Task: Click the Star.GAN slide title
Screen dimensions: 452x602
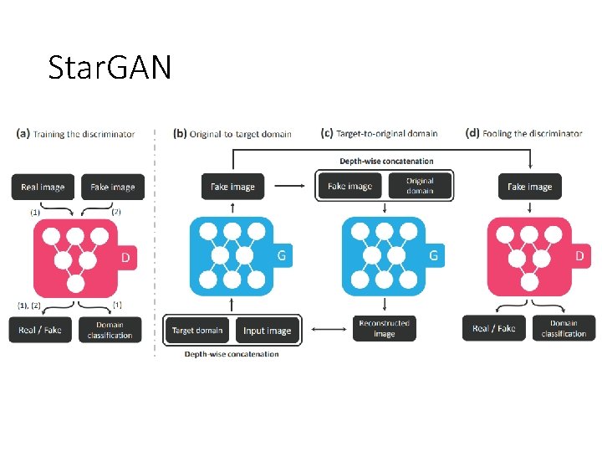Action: (110, 66)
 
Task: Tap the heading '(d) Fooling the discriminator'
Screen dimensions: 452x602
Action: (523, 133)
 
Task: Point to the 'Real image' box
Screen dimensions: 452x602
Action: (43, 187)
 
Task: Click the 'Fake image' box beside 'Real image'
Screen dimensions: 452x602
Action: (112, 187)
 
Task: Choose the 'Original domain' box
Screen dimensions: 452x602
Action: (420, 186)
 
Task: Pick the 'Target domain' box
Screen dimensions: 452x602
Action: (198, 331)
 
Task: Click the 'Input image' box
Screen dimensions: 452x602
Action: (267, 331)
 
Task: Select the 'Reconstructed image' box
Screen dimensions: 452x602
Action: (384, 328)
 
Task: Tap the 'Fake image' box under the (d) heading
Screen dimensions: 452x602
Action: (529, 187)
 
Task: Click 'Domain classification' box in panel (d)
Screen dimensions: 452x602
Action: (564, 328)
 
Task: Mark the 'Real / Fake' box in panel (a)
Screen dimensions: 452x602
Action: (40, 330)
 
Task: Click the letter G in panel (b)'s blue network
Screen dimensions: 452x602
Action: (282, 255)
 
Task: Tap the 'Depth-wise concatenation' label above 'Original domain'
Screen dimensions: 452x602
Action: (386, 161)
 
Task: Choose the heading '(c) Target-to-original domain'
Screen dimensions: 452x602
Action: (380, 133)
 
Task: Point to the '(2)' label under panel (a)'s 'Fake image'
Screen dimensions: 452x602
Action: (116, 212)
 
